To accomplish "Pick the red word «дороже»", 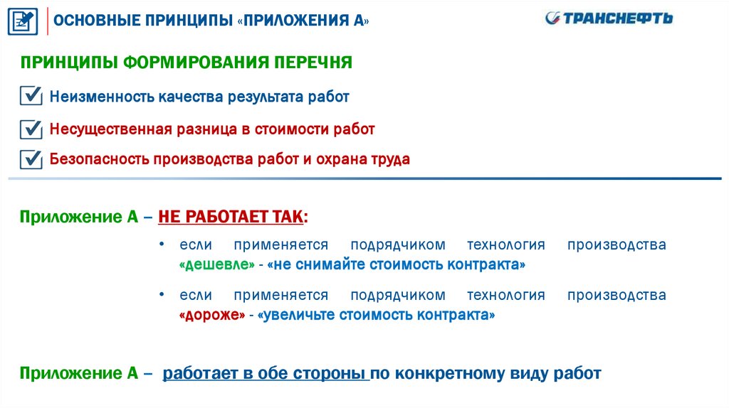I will pos(212,314).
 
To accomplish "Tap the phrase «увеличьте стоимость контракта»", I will pos(378,314).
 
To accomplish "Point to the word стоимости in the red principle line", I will pos(298,129).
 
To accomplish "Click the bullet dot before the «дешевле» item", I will pos(163,244).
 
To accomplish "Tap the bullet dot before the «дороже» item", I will pos(163,294).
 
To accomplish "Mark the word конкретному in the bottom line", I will pos(449,372).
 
